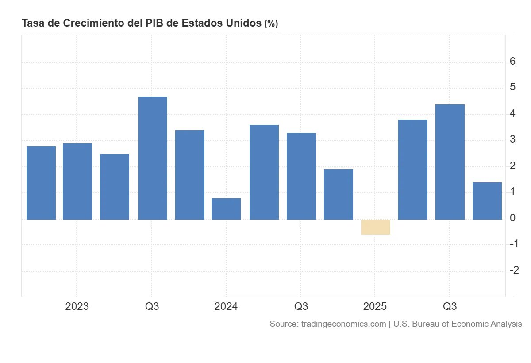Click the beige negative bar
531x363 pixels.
[376, 227]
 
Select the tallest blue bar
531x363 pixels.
[153, 158]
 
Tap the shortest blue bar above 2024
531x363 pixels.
[226, 209]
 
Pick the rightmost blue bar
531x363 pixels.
[487, 201]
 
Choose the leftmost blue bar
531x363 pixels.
[41, 182]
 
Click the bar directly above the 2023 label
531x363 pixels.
[77, 181]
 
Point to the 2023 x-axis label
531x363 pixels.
[77, 306]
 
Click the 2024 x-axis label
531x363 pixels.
[226, 306]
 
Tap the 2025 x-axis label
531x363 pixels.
[375, 306]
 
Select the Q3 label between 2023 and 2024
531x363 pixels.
[152, 306]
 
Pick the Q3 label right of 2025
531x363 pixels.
[450, 306]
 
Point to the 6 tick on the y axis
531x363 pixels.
[512, 61]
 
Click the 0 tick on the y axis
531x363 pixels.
[512, 218]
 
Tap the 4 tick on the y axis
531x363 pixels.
[512, 113]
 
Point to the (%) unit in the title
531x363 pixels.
[271, 24]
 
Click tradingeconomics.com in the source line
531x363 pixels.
[343, 324]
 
